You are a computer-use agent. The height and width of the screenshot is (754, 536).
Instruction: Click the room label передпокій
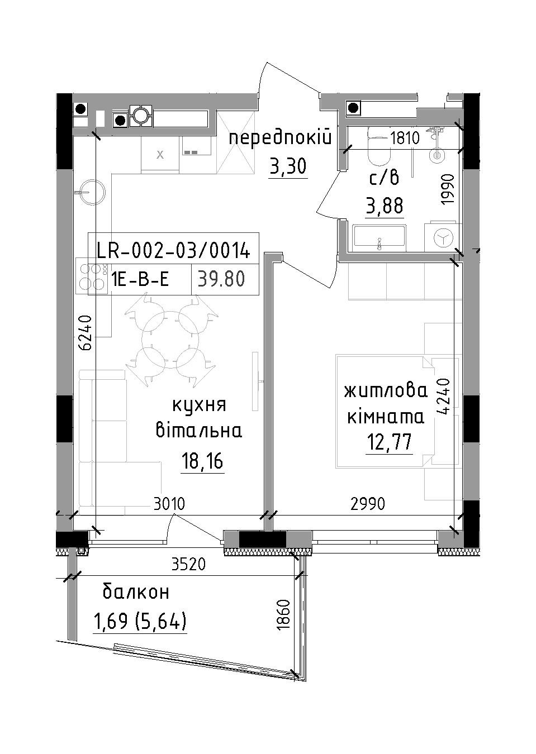point(281,139)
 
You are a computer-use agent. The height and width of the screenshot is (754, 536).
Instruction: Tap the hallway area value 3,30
point(288,166)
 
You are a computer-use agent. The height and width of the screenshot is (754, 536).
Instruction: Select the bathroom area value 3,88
point(385,206)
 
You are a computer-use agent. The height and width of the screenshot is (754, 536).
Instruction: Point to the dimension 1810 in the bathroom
point(405,138)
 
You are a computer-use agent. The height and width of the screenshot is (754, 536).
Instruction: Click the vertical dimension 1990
point(449,189)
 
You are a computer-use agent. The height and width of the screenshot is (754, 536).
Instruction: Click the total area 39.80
point(221,279)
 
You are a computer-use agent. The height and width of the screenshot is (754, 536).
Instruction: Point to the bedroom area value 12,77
point(389,442)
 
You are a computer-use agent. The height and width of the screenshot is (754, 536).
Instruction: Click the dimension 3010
point(169,504)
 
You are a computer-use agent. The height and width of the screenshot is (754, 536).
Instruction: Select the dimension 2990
point(368,504)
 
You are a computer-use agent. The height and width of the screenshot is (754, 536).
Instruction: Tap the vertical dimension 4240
point(443,395)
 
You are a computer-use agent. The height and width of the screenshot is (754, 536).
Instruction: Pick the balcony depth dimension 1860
point(284,614)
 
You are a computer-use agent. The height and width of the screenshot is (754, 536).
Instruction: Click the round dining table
point(170,340)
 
